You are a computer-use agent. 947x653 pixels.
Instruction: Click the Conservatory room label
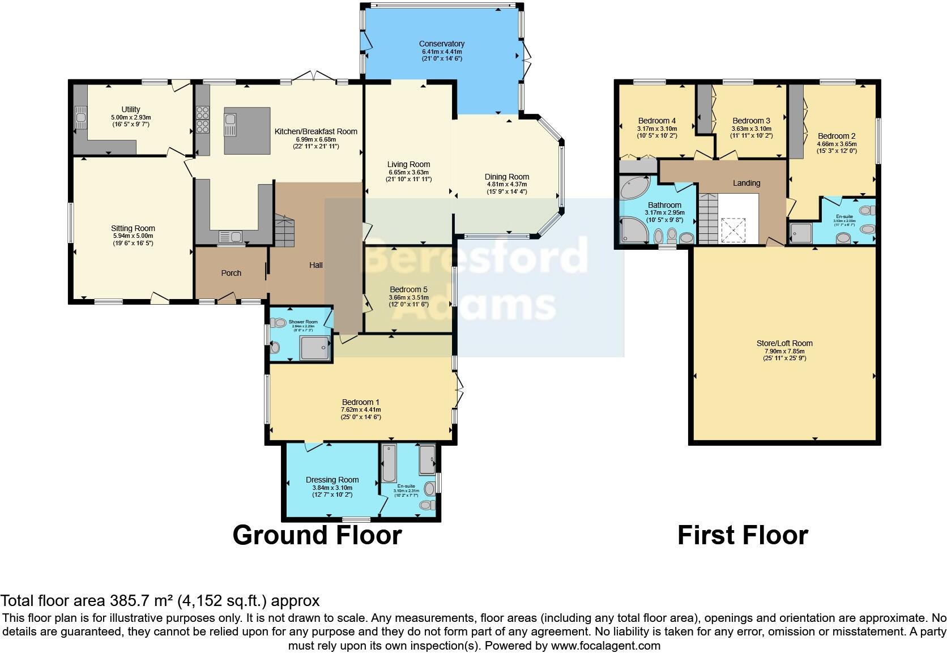click(442, 44)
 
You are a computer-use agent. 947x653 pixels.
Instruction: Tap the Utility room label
click(131, 109)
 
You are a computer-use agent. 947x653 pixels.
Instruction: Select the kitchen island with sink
click(248, 131)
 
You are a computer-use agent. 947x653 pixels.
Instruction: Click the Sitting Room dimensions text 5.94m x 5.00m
click(133, 236)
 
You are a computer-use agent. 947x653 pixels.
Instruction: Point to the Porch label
click(231, 273)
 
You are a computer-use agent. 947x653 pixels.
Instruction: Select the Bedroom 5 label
click(408, 289)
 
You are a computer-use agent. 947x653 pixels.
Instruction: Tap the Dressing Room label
click(332, 480)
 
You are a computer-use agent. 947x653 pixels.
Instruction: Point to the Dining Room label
click(507, 177)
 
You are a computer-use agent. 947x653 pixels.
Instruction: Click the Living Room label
click(408, 164)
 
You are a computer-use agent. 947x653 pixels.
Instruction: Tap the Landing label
click(746, 183)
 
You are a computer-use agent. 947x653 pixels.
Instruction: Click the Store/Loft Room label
click(784, 343)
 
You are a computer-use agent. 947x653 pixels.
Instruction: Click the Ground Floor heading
click(317, 535)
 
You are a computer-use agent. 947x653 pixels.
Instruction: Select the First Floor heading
click(743, 535)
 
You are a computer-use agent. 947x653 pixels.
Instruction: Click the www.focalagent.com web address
click(605, 645)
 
